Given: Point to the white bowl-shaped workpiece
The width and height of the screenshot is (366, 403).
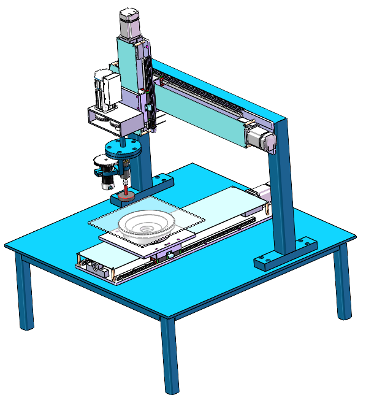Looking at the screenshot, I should pyautogui.click(x=147, y=225).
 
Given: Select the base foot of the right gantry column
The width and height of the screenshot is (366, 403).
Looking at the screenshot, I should pyautogui.click(x=284, y=253).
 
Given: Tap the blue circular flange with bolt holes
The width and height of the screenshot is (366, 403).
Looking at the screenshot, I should pyautogui.click(x=123, y=148).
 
